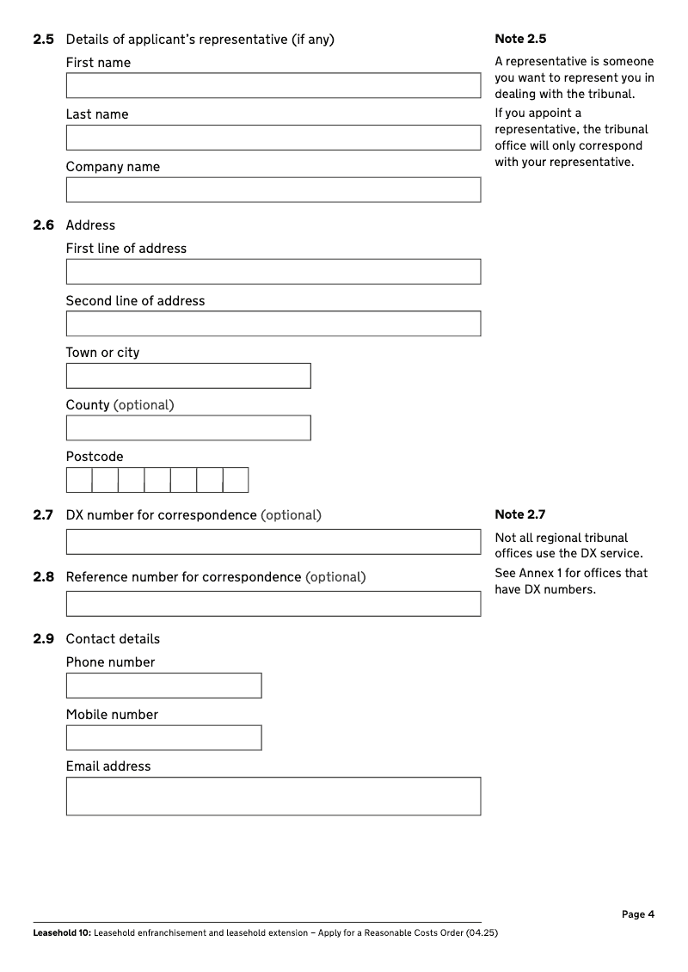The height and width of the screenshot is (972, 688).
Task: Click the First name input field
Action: click(273, 85)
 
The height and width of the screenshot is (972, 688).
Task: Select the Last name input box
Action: click(273, 138)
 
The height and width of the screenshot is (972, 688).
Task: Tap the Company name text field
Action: click(273, 190)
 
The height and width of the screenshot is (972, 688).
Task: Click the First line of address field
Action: click(273, 272)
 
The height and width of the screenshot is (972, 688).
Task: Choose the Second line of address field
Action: click(273, 323)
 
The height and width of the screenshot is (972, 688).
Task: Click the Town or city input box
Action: click(188, 376)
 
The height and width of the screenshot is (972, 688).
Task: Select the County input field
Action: click(188, 428)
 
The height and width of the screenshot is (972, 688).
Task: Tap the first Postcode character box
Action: click(79, 480)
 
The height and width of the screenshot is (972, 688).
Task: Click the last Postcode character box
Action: click(236, 480)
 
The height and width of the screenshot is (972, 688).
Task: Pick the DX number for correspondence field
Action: click(273, 542)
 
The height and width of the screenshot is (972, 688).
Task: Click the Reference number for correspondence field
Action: click(273, 604)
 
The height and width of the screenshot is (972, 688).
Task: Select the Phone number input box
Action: click(163, 686)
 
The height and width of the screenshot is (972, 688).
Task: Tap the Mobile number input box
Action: click(163, 738)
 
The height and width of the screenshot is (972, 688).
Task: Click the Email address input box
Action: click(273, 797)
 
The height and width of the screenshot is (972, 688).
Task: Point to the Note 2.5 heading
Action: click(520, 39)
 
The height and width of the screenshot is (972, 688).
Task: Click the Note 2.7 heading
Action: click(520, 514)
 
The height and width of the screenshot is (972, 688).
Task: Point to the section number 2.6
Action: click(44, 225)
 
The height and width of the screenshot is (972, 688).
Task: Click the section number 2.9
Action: click(44, 639)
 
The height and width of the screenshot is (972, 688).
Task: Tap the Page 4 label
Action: click(638, 914)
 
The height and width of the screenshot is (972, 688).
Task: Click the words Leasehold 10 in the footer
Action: click(61, 933)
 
